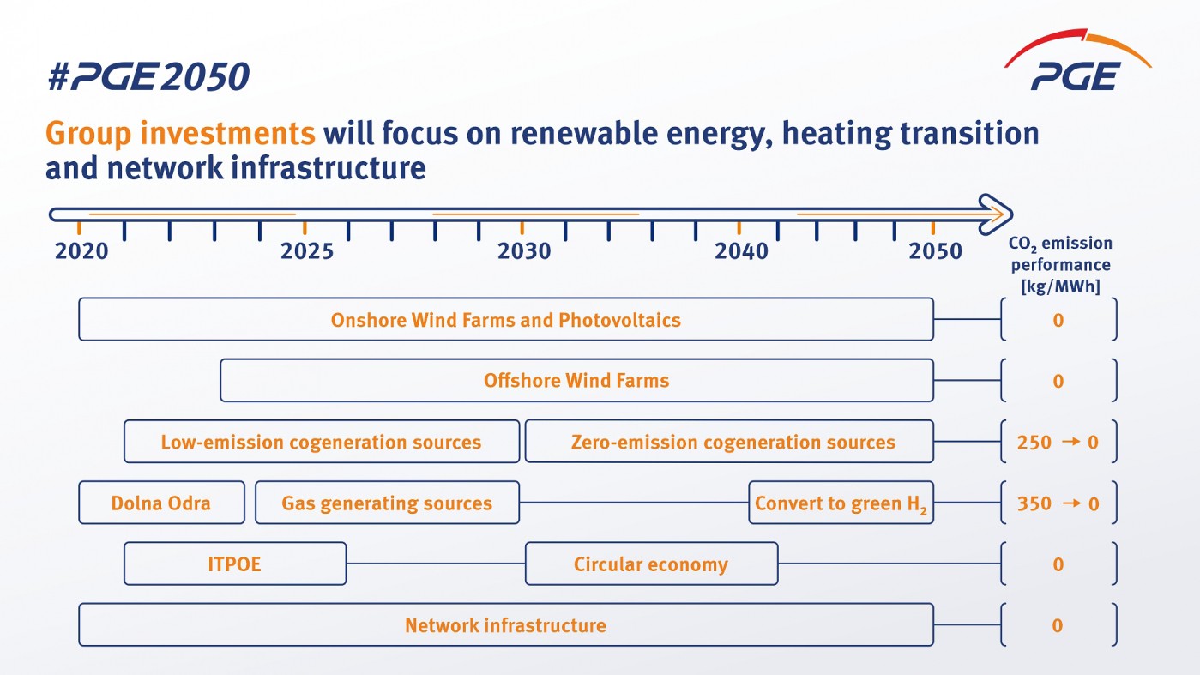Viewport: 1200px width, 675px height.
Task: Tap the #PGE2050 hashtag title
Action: pyautogui.click(x=148, y=78)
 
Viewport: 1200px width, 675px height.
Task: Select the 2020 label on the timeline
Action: pyautogui.click(x=81, y=251)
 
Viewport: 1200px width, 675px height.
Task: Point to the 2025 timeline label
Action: pyautogui.click(x=307, y=251)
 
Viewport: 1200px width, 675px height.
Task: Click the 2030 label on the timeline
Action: pyautogui.click(x=524, y=251)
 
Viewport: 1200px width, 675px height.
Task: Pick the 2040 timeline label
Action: pyautogui.click(x=741, y=251)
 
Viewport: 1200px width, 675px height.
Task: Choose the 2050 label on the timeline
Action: pyautogui.click(x=936, y=251)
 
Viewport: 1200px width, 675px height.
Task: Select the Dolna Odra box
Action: pyautogui.click(x=161, y=503)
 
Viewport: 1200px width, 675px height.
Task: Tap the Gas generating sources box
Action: pyautogui.click(x=387, y=503)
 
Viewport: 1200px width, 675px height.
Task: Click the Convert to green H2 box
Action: pyautogui.click(x=841, y=503)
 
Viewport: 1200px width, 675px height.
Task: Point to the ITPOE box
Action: pyautogui.click(x=234, y=564)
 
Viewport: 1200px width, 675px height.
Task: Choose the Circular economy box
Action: pyautogui.click(x=651, y=564)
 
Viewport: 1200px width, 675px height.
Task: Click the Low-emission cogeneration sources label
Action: pyautogui.click(x=321, y=443)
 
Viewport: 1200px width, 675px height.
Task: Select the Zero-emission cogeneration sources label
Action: pyautogui.click(x=733, y=443)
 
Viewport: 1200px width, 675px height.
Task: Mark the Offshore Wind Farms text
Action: pyautogui.click(x=576, y=380)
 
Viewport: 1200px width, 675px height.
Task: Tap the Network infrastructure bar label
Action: pyautogui.click(x=505, y=625)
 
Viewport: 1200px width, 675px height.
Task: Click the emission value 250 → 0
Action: pyautogui.click(x=1058, y=443)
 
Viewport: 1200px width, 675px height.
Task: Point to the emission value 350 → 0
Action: pyautogui.click(x=1058, y=503)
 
